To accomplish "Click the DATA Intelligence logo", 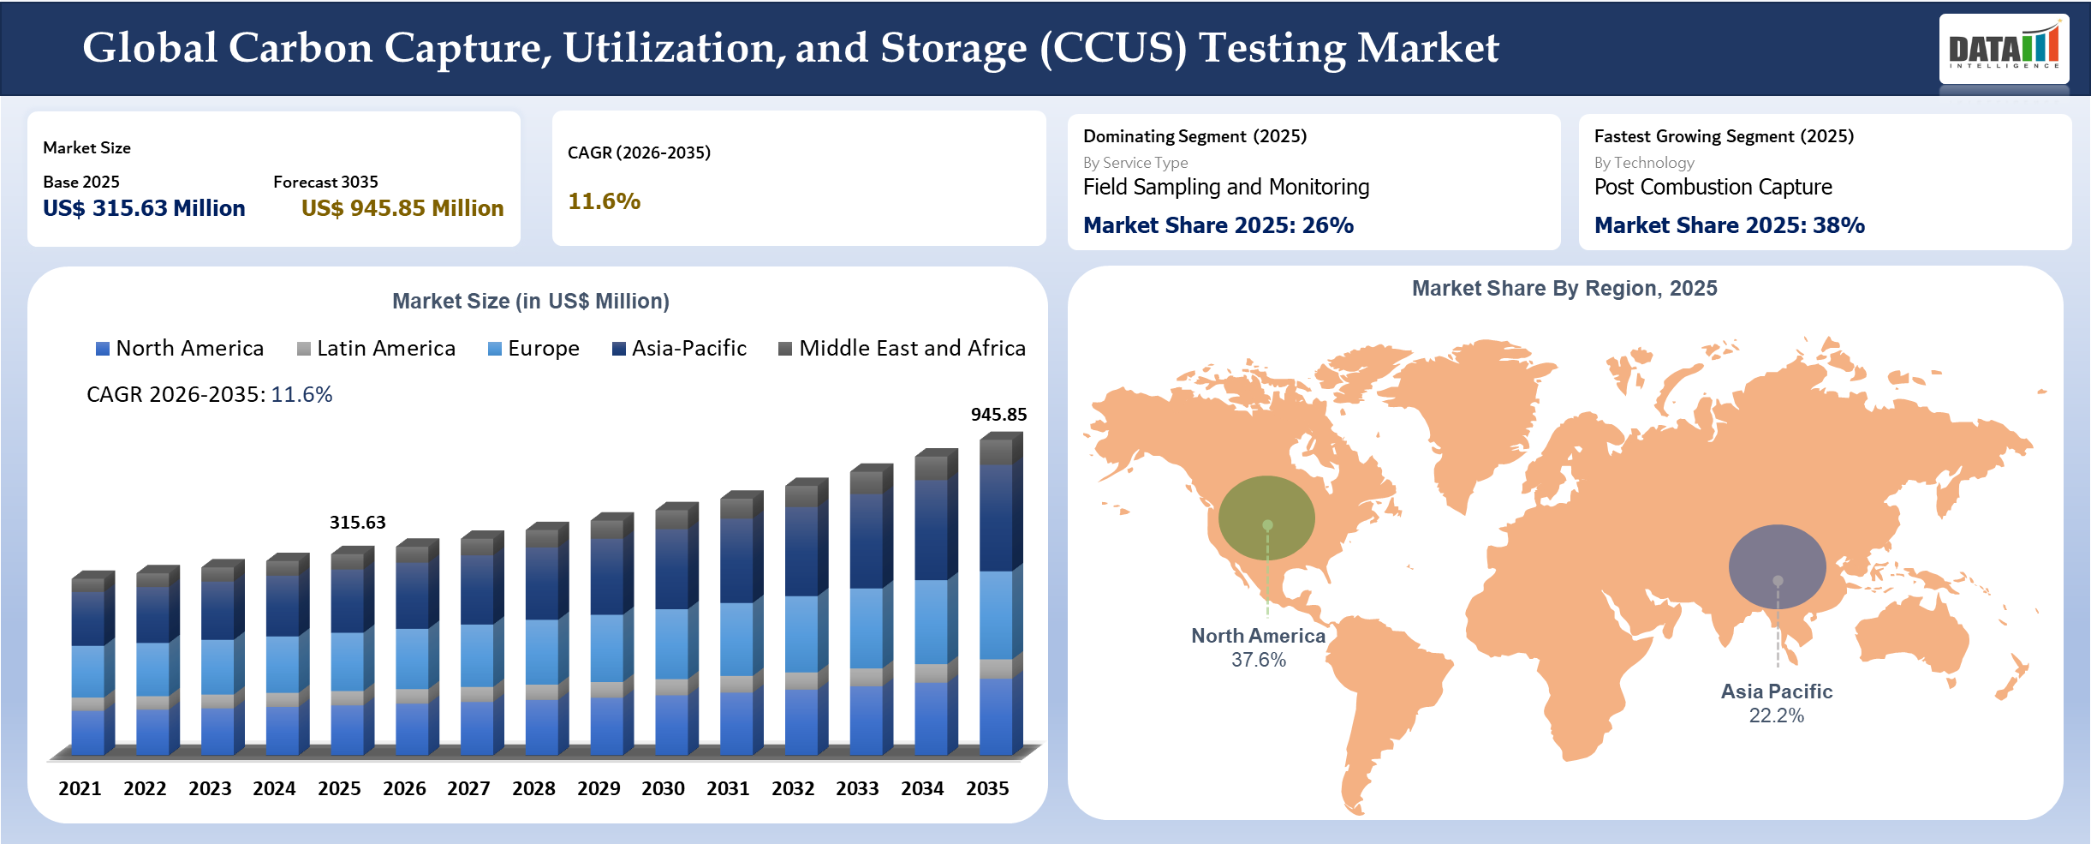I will pyautogui.click(x=2003, y=49).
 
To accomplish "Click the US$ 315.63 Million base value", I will pyautogui.click(x=144, y=208).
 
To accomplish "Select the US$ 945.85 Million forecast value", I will pyautogui.click(x=402, y=208).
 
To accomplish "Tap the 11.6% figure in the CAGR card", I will pyautogui.click(x=604, y=201).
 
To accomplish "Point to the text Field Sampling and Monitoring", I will pyautogui.click(x=1225, y=187).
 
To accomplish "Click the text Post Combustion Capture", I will pyautogui.click(x=1713, y=187).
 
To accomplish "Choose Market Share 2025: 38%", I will pyautogui.click(x=1729, y=225).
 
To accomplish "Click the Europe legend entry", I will pyautogui.click(x=533, y=349).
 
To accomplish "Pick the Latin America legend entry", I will pyautogui.click(x=376, y=349).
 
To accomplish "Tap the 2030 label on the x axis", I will pyautogui.click(x=663, y=788).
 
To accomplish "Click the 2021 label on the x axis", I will pyautogui.click(x=80, y=788).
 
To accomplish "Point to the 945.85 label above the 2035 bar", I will pyautogui.click(x=998, y=415).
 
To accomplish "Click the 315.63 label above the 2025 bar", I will pyautogui.click(x=357, y=523).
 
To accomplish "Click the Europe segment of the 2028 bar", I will pyautogui.click(x=541, y=651).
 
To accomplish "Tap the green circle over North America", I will pyautogui.click(x=1266, y=518).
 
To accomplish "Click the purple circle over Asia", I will pyautogui.click(x=1777, y=566).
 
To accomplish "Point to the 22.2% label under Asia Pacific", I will pyautogui.click(x=1776, y=716).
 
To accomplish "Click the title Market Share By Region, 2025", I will pyautogui.click(x=1564, y=289).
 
